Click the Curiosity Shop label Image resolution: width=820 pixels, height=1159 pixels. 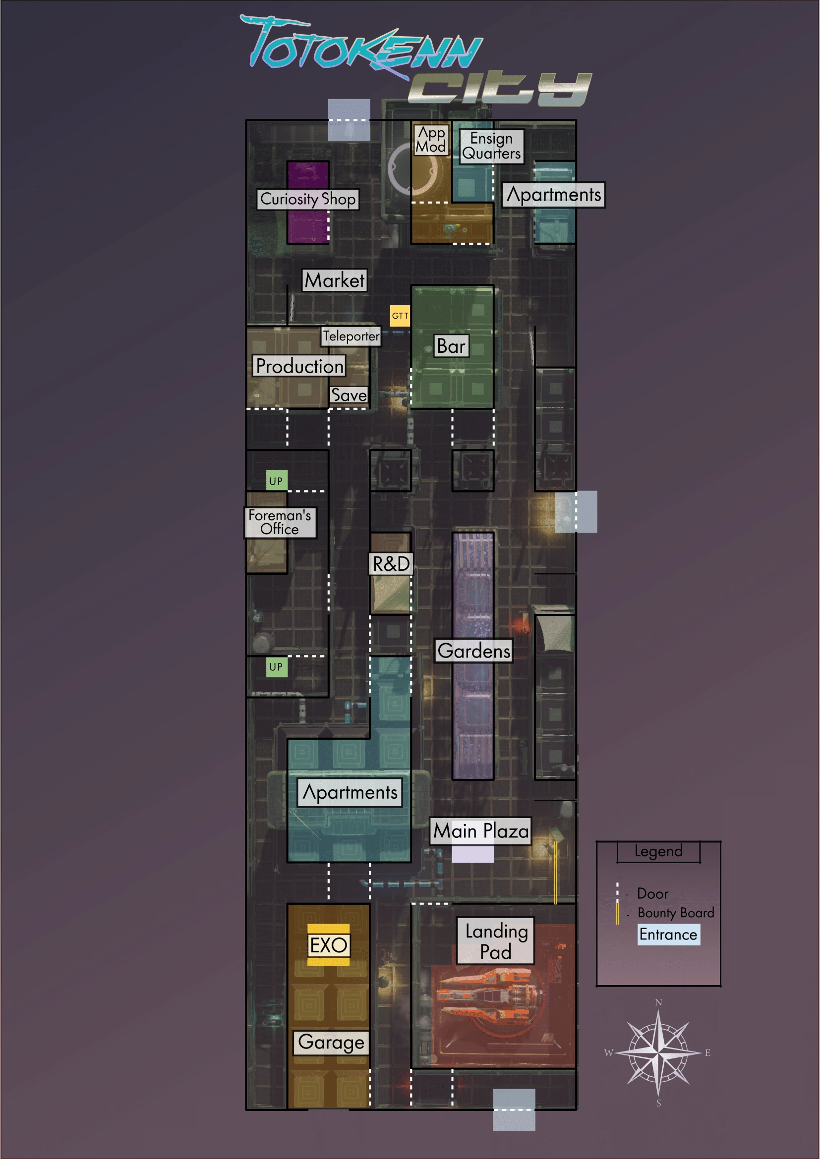[307, 199]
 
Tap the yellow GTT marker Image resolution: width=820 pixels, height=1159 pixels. [400, 316]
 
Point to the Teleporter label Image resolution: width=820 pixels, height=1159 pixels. [351, 336]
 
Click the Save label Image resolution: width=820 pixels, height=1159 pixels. [349, 395]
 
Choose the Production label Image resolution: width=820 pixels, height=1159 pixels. [299, 366]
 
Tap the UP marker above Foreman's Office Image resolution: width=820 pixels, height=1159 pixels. [276, 481]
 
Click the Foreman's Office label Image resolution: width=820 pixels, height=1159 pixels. [280, 522]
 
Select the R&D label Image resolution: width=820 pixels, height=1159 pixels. [391, 563]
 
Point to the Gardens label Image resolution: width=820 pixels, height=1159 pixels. [474, 650]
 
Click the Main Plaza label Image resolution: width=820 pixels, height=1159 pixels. [481, 831]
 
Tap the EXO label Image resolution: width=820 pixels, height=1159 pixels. [329, 945]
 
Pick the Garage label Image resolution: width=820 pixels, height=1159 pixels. [331, 1043]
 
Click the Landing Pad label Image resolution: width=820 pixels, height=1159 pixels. [496, 941]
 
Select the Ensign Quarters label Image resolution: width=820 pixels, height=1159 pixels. [491, 146]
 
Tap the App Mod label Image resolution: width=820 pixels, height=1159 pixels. [431, 139]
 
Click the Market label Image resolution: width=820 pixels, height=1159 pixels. [335, 280]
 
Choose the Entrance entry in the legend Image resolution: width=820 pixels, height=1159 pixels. [668, 935]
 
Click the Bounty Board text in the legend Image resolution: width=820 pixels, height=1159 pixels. [676, 913]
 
